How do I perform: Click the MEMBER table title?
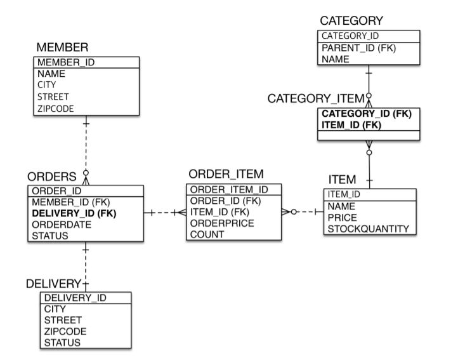coord(62,47)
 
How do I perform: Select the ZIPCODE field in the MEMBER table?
coord(55,109)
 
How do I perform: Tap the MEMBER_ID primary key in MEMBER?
coord(66,62)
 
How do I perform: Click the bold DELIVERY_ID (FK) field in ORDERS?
coord(74,213)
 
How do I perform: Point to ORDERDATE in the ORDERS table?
coord(62,225)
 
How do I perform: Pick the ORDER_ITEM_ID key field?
coord(229,189)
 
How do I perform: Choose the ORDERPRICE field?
coord(222,223)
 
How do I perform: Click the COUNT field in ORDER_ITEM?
coord(207,234)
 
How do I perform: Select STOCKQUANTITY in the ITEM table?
coord(369,229)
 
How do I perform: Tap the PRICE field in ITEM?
coord(342,218)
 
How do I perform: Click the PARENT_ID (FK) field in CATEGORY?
coord(359,48)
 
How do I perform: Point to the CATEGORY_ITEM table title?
coord(316,98)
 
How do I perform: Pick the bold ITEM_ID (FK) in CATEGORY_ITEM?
coord(351,125)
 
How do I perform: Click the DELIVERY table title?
coord(53,284)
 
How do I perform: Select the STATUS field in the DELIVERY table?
coord(62,343)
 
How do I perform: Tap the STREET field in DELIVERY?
coord(63,320)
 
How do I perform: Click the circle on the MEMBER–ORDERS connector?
coord(86,173)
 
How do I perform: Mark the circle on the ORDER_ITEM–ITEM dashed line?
coord(294,212)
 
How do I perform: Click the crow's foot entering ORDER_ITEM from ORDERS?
coord(182,213)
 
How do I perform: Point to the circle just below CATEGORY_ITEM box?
coord(369,152)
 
